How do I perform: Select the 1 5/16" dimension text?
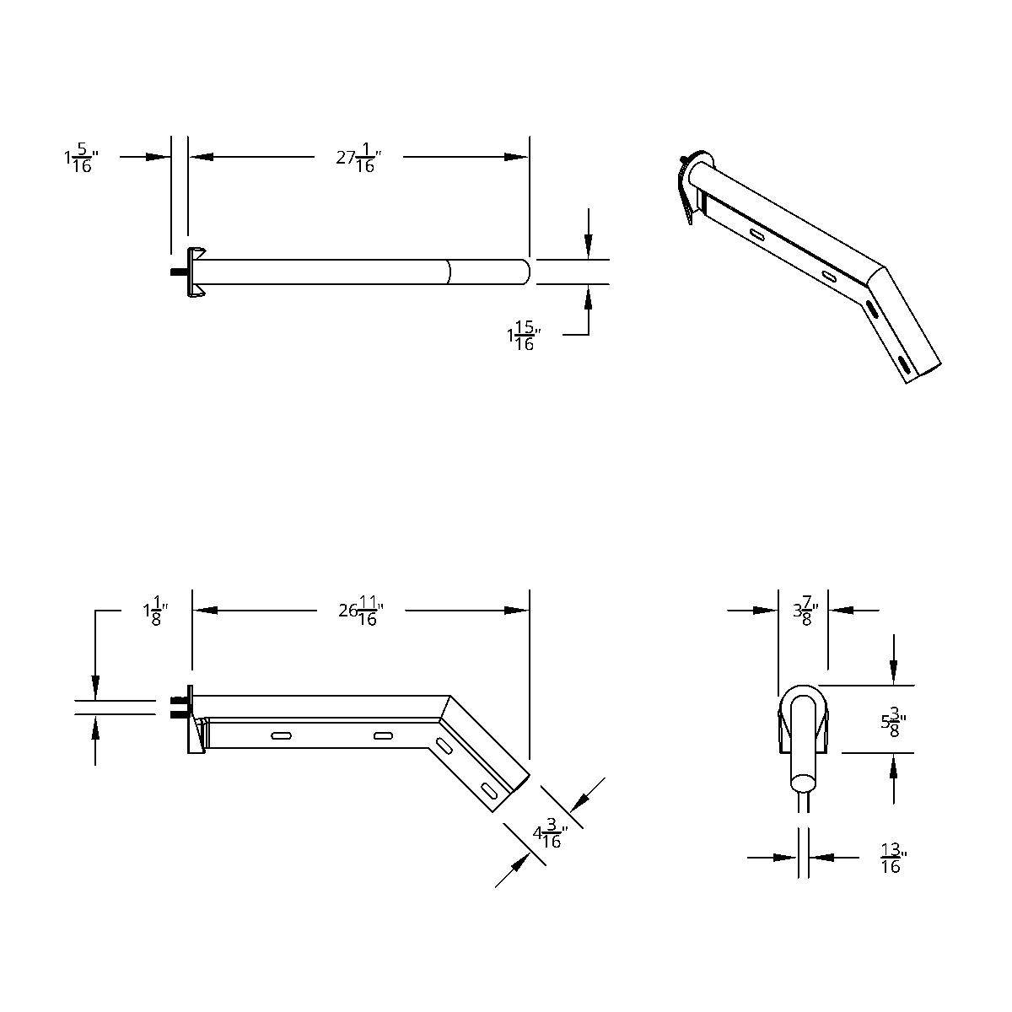point(81,158)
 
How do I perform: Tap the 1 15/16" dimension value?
point(523,336)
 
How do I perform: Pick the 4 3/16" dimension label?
point(550,836)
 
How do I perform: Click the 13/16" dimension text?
point(890,858)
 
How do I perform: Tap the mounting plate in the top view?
point(196,272)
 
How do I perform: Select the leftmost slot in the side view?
point(282,737)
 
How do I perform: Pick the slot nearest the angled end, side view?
point(489,790)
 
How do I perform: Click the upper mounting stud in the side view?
point(178,700)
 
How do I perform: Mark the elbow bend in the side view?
point(444,707)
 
